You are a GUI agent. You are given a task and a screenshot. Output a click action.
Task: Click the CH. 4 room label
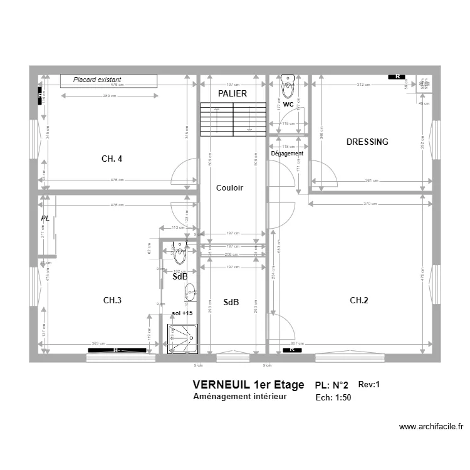[112, 159]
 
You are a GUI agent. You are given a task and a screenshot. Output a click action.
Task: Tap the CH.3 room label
[112, 301]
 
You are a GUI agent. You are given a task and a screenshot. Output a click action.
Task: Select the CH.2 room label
[359, 301]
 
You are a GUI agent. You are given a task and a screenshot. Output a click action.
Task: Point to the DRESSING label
[367, 142]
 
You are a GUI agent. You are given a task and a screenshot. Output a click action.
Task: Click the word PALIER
[232, 93]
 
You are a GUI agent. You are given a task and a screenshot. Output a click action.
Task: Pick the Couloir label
[229, 188]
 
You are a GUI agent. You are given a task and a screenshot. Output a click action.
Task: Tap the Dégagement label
[287, 154]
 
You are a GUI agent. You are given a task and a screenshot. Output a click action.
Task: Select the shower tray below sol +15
[184, 339]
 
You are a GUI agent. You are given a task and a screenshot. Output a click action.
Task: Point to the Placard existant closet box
[108, 80]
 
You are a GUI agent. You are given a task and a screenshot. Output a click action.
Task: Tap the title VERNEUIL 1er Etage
[248, 384]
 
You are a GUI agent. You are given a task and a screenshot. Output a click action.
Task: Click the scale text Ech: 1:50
[333, 397]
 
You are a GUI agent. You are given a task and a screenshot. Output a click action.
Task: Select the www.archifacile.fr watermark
[431, 427]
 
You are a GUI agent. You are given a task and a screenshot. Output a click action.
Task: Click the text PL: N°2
[332, 385]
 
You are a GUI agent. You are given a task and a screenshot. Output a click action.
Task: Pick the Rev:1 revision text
[369, 385]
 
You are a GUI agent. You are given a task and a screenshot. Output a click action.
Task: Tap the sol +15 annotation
[182, 312]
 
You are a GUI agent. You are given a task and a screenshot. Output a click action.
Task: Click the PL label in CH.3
[45, 218]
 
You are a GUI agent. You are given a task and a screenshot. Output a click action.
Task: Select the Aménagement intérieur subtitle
[240, 397]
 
